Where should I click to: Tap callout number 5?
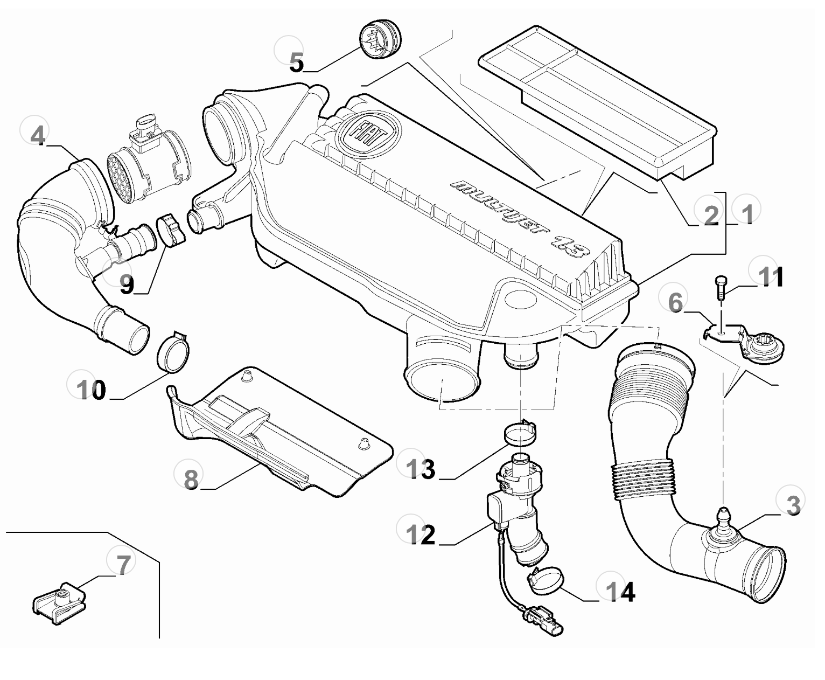[x=296, y=63]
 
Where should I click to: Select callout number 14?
[x=620, y=592]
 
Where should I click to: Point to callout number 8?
[x=191, y=478]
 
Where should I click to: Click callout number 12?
[x=421, y=535]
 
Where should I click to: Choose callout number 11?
[x=770, y=278]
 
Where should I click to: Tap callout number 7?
[x=123, y=565]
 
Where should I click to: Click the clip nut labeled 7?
[x=59, y=601]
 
